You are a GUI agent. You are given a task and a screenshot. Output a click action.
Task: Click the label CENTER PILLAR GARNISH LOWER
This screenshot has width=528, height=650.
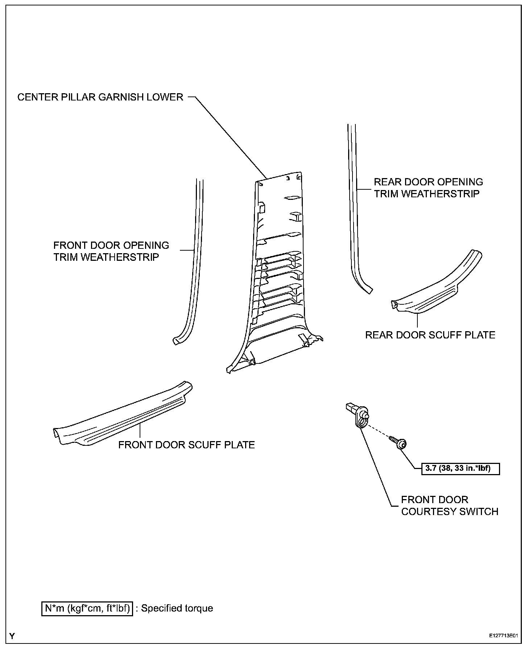click(x=100, y=97)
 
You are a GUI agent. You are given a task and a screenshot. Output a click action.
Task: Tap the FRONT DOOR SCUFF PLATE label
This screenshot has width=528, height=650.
click(x=186, y=445)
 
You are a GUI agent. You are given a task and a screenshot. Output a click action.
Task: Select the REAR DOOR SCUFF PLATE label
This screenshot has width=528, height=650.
click(x=430, y=335)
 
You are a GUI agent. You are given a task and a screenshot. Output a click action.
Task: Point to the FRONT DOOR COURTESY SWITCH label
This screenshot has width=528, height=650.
click(x=449, y=506)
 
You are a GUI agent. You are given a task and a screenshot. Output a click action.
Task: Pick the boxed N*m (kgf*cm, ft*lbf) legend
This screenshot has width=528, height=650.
click(x=87, y=608)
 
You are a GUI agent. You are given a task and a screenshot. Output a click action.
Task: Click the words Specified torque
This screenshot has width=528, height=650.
click(x=177, y=608)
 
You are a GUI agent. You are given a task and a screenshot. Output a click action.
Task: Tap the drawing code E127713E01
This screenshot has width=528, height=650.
click(x=503, y=636)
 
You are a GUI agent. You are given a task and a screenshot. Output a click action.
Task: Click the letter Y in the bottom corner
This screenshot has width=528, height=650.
click(x=12, y=636)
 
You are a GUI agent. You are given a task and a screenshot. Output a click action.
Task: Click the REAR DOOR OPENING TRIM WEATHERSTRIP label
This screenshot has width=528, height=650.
click(x=428, y=188)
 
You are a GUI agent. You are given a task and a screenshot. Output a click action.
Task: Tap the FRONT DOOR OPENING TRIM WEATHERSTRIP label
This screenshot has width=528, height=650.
click(x=111, y=251)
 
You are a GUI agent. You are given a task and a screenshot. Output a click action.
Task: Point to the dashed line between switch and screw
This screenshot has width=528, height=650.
click(x=379, y=431)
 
